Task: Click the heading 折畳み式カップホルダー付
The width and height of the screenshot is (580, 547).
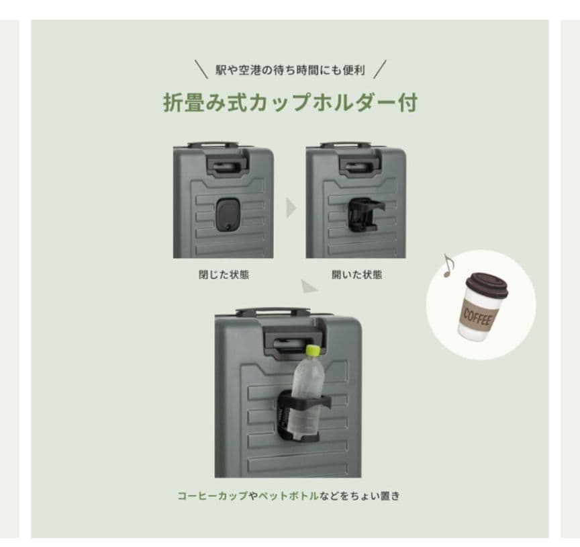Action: pos(290,103)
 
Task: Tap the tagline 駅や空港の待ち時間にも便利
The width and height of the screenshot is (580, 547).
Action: pos(289,70)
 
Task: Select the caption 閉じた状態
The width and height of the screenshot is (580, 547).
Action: pos(224,274)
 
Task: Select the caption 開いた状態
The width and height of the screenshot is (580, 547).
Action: pos(356,274)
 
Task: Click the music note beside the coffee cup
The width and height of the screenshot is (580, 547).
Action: pos(448,266)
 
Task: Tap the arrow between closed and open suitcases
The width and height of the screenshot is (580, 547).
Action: pos(291,208)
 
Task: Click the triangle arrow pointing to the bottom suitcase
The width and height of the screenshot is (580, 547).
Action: pos(309,287)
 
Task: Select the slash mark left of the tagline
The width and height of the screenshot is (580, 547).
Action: pos(201,69)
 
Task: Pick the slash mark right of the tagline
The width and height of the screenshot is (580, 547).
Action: pos(380,69)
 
